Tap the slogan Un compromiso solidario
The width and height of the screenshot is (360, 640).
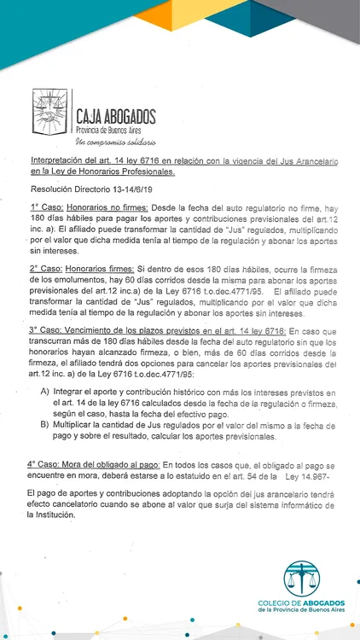[x=115, y=140]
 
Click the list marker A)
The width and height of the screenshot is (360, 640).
[x=45, y=390]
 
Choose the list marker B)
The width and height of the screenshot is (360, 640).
[x=45, y=423]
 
